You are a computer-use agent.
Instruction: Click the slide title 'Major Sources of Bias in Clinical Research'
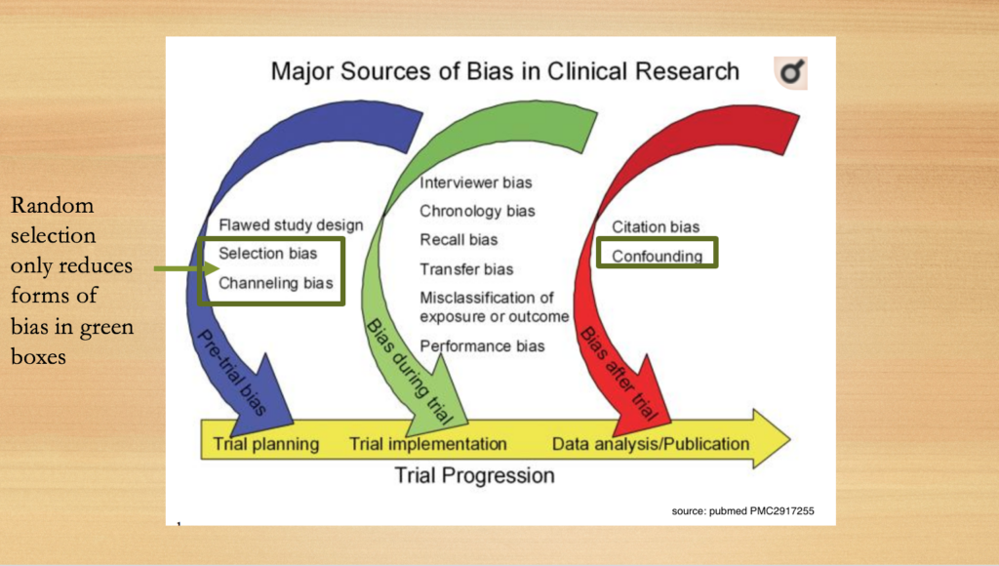[504, 71]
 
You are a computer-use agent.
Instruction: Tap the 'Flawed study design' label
[291, 225]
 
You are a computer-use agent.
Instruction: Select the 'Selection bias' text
[267, 253]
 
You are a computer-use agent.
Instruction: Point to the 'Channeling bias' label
[276, 283]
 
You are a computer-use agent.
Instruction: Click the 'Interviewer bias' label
[476, 182]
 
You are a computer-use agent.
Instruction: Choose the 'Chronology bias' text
[477, 212]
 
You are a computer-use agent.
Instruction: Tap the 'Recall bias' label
[459, 240]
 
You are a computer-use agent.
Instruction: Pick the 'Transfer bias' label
[466, 269]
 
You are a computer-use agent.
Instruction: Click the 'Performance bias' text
[482, 346]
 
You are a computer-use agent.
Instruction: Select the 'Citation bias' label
[656, 227]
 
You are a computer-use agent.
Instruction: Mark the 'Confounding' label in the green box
[657, 257]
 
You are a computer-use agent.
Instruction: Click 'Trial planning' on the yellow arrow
[265, 444]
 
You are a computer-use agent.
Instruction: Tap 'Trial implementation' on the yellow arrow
[428, 444]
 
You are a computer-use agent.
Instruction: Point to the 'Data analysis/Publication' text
[651, 444]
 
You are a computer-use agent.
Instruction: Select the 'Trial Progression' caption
[475, 475]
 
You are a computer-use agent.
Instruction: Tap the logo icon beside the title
[790, 72]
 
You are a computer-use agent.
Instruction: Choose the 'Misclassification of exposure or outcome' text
[495, 307]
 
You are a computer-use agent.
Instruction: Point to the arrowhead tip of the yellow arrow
[790, 438]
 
